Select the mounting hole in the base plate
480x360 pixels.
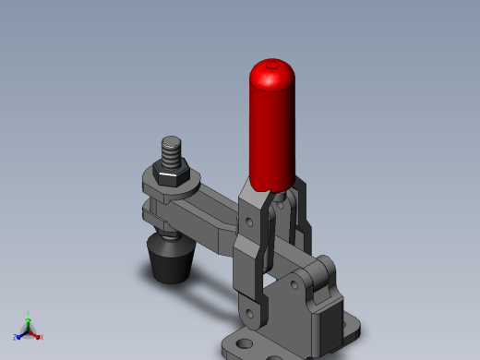[243, 345]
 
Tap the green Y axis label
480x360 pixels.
[28, 314]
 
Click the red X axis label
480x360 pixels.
[42, 338]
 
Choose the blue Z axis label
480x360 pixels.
[16, 338]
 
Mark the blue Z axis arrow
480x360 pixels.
[20, 334]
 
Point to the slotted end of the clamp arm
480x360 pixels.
[153, 213]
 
